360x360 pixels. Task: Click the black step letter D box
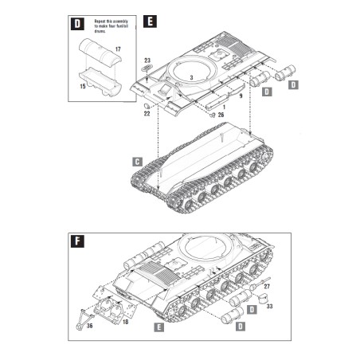76,23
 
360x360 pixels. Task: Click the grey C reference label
136,162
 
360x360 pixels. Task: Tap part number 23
147,61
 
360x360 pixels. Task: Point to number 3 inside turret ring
191,77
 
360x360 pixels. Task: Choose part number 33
269,303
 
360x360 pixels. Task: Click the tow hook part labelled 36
82,313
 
